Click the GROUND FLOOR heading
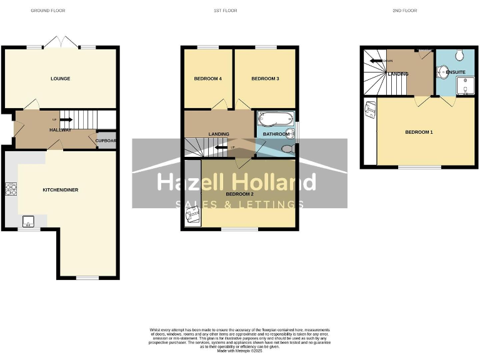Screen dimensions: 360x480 click(48, 11)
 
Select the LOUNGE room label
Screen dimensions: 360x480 click(61, 79)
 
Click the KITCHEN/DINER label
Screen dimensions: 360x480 click(60, 189)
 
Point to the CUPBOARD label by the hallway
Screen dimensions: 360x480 click(106, 141)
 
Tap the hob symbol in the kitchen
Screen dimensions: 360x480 click(11, 188)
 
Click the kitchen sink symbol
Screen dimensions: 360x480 click(27, 220)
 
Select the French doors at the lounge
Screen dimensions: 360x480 click(61, 44)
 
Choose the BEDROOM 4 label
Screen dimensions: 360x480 click(207, 79)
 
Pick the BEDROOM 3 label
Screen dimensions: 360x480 click(264, 79)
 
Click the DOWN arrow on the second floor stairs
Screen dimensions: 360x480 click(377, 61)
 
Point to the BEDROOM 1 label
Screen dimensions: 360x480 click(418, 132)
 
